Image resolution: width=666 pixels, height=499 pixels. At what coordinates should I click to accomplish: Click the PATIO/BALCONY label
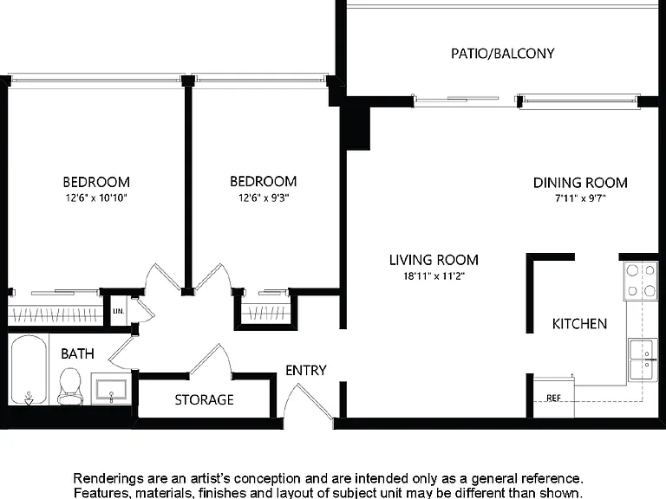[502, 54]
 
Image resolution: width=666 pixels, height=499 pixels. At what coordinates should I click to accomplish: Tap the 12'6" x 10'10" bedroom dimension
[96, 198]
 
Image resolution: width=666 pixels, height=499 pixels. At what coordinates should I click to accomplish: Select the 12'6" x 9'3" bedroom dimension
[264, 198]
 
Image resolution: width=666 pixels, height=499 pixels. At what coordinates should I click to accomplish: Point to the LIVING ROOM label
[434, 260]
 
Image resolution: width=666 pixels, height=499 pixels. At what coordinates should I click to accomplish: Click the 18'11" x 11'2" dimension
[434, 276]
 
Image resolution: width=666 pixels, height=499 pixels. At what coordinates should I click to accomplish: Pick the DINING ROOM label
[580, 183]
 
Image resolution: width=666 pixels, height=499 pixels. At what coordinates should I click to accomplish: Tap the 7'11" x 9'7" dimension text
[580, 198]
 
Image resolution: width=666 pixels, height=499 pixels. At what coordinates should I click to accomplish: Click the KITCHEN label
[579, 324]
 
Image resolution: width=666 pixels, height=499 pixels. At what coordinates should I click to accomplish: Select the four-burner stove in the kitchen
[641, 281]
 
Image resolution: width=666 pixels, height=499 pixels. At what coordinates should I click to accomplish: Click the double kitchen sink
[643, 360]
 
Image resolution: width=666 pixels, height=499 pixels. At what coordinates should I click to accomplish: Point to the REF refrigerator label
[553, 398]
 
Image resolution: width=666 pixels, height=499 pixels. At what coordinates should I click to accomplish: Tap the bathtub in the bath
[29, 370]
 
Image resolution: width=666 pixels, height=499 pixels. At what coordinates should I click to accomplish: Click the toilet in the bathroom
[70, 387]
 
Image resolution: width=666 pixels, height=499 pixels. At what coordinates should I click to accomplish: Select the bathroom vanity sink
[111, 389]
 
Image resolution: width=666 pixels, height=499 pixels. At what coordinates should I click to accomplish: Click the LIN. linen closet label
[119, 311]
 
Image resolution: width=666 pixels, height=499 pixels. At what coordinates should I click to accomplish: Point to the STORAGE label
[205, 399]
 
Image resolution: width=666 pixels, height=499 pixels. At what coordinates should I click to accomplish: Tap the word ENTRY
[306, 371]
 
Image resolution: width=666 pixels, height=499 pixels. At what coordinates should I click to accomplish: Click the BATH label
[77, 353]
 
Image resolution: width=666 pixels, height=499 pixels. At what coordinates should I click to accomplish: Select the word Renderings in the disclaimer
[109, 479]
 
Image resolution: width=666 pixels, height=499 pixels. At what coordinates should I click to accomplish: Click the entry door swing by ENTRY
[309, 402]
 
